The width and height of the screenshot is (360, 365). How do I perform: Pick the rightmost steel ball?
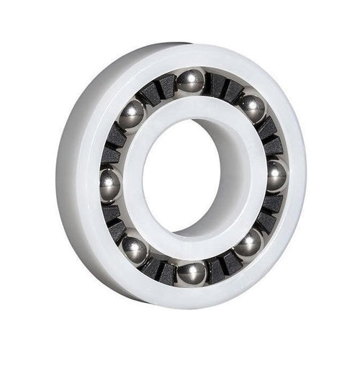click(276, 175)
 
